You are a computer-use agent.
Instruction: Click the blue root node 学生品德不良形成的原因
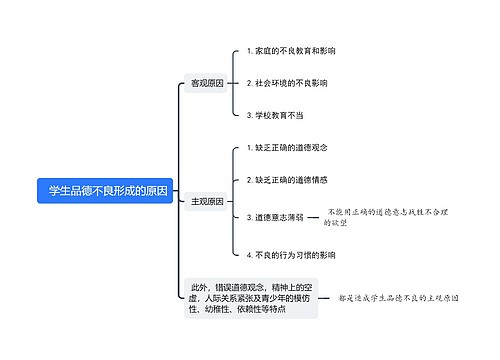point(106,191)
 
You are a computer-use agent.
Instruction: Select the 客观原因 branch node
point(207,83)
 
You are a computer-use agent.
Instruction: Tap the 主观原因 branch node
point(207,201)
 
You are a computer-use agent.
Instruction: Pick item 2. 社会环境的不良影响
point(286,83)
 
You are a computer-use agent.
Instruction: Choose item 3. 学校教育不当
point(275,115)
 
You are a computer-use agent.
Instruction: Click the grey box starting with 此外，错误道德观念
point(250,297)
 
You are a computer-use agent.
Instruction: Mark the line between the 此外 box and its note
point(329,297)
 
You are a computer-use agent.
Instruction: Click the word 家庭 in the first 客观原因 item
point(264,50)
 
